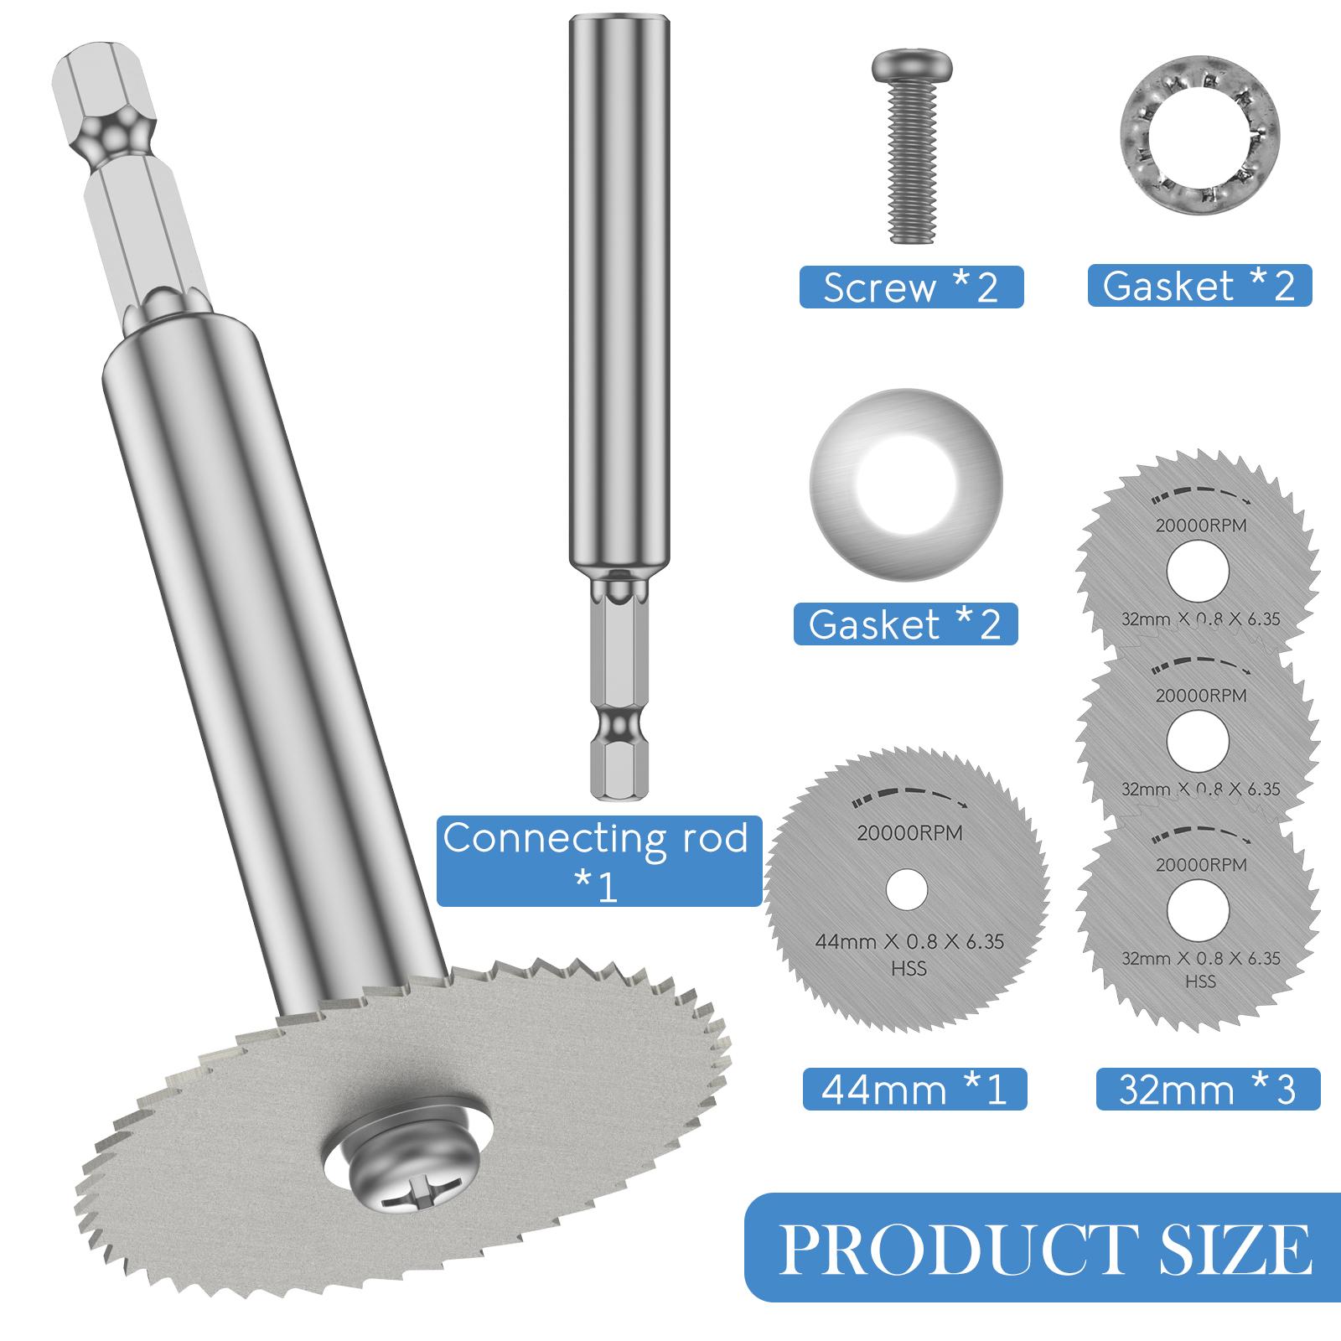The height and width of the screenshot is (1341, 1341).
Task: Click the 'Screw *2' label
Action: coord(911,287)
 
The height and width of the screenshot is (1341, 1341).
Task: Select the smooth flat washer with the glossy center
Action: coord(905,484)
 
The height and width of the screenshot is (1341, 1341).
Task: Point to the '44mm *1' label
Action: coord(914,1090)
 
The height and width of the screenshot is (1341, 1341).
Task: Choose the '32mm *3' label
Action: coord(1207,1090)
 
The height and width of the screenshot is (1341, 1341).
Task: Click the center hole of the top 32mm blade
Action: coord(1199,572)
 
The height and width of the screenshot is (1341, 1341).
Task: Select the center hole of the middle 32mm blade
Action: coord(1199,741)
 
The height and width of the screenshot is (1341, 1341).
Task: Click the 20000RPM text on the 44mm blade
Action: coord(909,833)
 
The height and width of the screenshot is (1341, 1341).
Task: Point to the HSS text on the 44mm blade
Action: coord(909,968)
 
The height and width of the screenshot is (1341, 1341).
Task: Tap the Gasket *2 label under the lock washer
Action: coord(1199,286)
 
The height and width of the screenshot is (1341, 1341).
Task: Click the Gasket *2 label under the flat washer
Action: coord(905,624)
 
